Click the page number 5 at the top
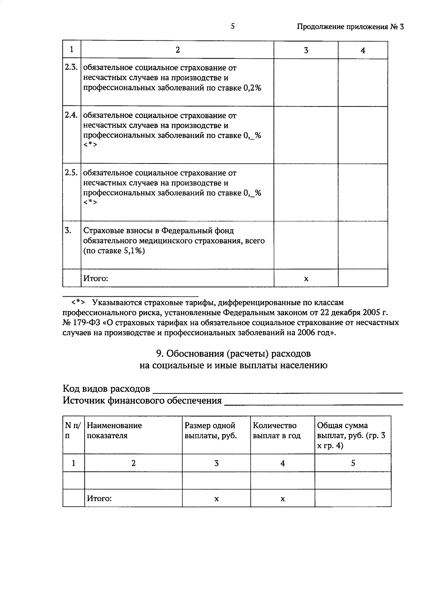click(x=233, y=26)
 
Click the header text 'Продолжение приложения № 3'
click(x=350, y=27)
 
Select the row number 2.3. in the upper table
click(x=71, y=67)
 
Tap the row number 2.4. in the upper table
click(x=71, y=115)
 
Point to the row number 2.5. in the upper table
click(x=71, y=173)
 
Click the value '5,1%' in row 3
click(x=134, y=251)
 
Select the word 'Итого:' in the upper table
click(x=96, y=278)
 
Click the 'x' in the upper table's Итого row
click(x=306, y=279)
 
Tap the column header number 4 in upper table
click(x=363, y=51)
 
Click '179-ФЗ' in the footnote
click(x=87, y=322)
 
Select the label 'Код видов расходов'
click(x=106, y=389)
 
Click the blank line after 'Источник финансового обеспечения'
click(x=313, y=403)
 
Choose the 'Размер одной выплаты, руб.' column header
click(x=211, y=431)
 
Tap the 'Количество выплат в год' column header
click(x=277, y=431)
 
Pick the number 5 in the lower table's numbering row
click(x=353, y=463)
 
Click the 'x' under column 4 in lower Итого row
click(x=283, y=499)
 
